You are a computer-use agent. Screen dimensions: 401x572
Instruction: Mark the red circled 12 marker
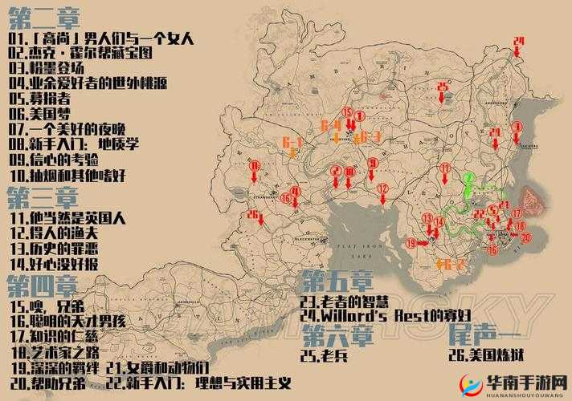click(x=382, y=189)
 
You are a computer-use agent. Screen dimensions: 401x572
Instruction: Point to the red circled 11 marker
click(x=444, y=168)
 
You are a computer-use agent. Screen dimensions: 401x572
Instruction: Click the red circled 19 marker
click(x=411, y=242)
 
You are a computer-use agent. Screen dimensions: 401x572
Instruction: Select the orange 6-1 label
click(x=292, y=142)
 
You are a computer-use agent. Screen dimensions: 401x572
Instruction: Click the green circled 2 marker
click(x=468, y=177)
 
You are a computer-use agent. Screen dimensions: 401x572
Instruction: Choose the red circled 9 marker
click(x=373, y=164)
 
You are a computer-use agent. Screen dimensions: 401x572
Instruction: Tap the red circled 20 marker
click(x=525, y=237)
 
